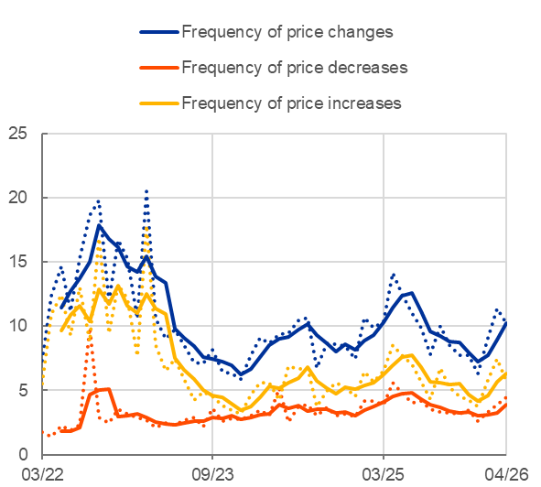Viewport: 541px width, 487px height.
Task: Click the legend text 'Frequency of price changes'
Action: (x=287, y=32)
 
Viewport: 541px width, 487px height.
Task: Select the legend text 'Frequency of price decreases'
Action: (x=295, y=68)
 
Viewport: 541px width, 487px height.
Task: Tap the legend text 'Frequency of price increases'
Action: (x=291, y=103)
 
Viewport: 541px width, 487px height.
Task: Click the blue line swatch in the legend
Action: (x=159, y=32)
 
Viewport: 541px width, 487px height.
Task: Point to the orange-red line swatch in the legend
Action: (x=159, y=68)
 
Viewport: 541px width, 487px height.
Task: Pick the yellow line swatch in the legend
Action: (x=159, y=103)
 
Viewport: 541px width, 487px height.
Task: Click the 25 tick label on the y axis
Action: (x=17, y=134)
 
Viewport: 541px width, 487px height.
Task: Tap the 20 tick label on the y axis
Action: (x=17, y=198)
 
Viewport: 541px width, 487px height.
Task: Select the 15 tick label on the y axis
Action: (x=17, y=262)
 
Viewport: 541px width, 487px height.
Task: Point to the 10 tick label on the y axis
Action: (x=17, y=326)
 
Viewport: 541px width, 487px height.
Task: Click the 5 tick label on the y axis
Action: (x=22, y=390)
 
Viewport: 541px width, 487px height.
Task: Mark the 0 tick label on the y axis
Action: (x=22, y=454)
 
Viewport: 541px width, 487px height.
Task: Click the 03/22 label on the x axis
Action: (x=42, y=474)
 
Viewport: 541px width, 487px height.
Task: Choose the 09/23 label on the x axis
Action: (x=212, y=474)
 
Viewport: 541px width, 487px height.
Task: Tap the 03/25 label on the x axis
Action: (x=383, y=474)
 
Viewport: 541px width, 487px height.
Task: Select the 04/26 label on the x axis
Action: (x=506, y=474)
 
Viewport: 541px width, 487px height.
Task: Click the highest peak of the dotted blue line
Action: (x=146, y=191)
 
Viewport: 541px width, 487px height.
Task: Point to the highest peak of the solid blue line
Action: (x=99, y=226)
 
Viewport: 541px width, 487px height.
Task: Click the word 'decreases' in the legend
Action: (x=368, y=68)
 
